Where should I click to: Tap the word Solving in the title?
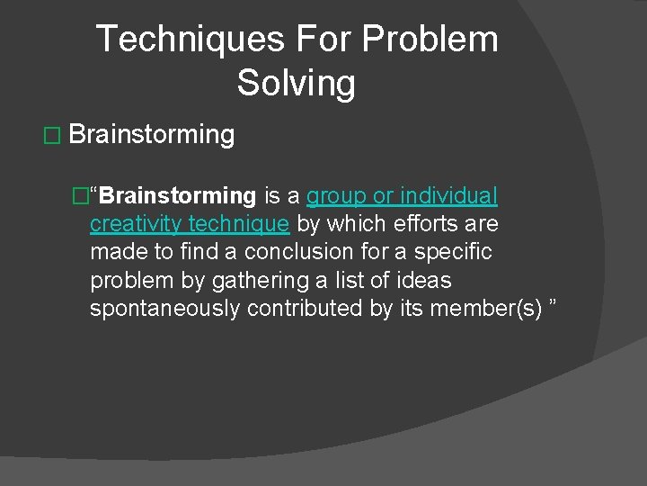(x=297, y=84)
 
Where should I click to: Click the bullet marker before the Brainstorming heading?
(x=49, y=136)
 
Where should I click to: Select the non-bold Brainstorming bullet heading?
(x=151, y=135)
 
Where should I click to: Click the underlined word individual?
(x=448, y=195)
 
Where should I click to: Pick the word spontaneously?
(x=164, y=310)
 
